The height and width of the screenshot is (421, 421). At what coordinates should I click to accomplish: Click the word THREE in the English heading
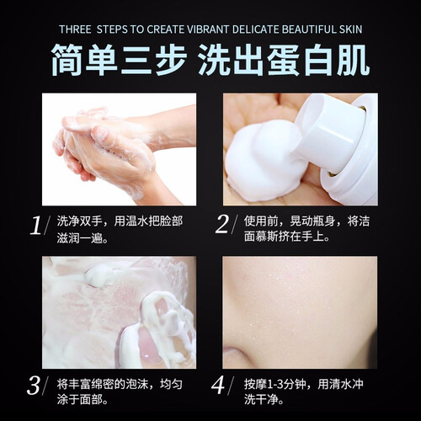tap(75, 29)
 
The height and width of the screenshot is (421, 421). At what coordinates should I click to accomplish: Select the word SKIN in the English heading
tap(350, 29)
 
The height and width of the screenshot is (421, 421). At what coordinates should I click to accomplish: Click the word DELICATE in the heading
tap(255, 29)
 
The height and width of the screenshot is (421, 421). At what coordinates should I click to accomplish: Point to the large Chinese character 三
tap(136, 60)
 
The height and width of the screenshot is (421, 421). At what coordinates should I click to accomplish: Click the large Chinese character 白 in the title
tap(318, 60)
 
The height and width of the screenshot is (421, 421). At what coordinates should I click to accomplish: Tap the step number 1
tap(36, 226)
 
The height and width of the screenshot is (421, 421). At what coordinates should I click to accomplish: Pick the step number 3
tap(34, 386)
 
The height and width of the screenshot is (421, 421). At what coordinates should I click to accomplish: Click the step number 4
tap(218, 385)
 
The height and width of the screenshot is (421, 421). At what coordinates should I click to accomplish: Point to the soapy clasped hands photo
tap(119, 149)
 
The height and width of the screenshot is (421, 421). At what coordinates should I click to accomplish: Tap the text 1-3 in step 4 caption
tap(275, 384)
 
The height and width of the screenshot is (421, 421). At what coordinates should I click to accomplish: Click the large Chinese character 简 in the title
tap(67, 60)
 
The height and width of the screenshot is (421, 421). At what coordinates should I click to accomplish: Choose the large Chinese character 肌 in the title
tap(353, 60)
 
